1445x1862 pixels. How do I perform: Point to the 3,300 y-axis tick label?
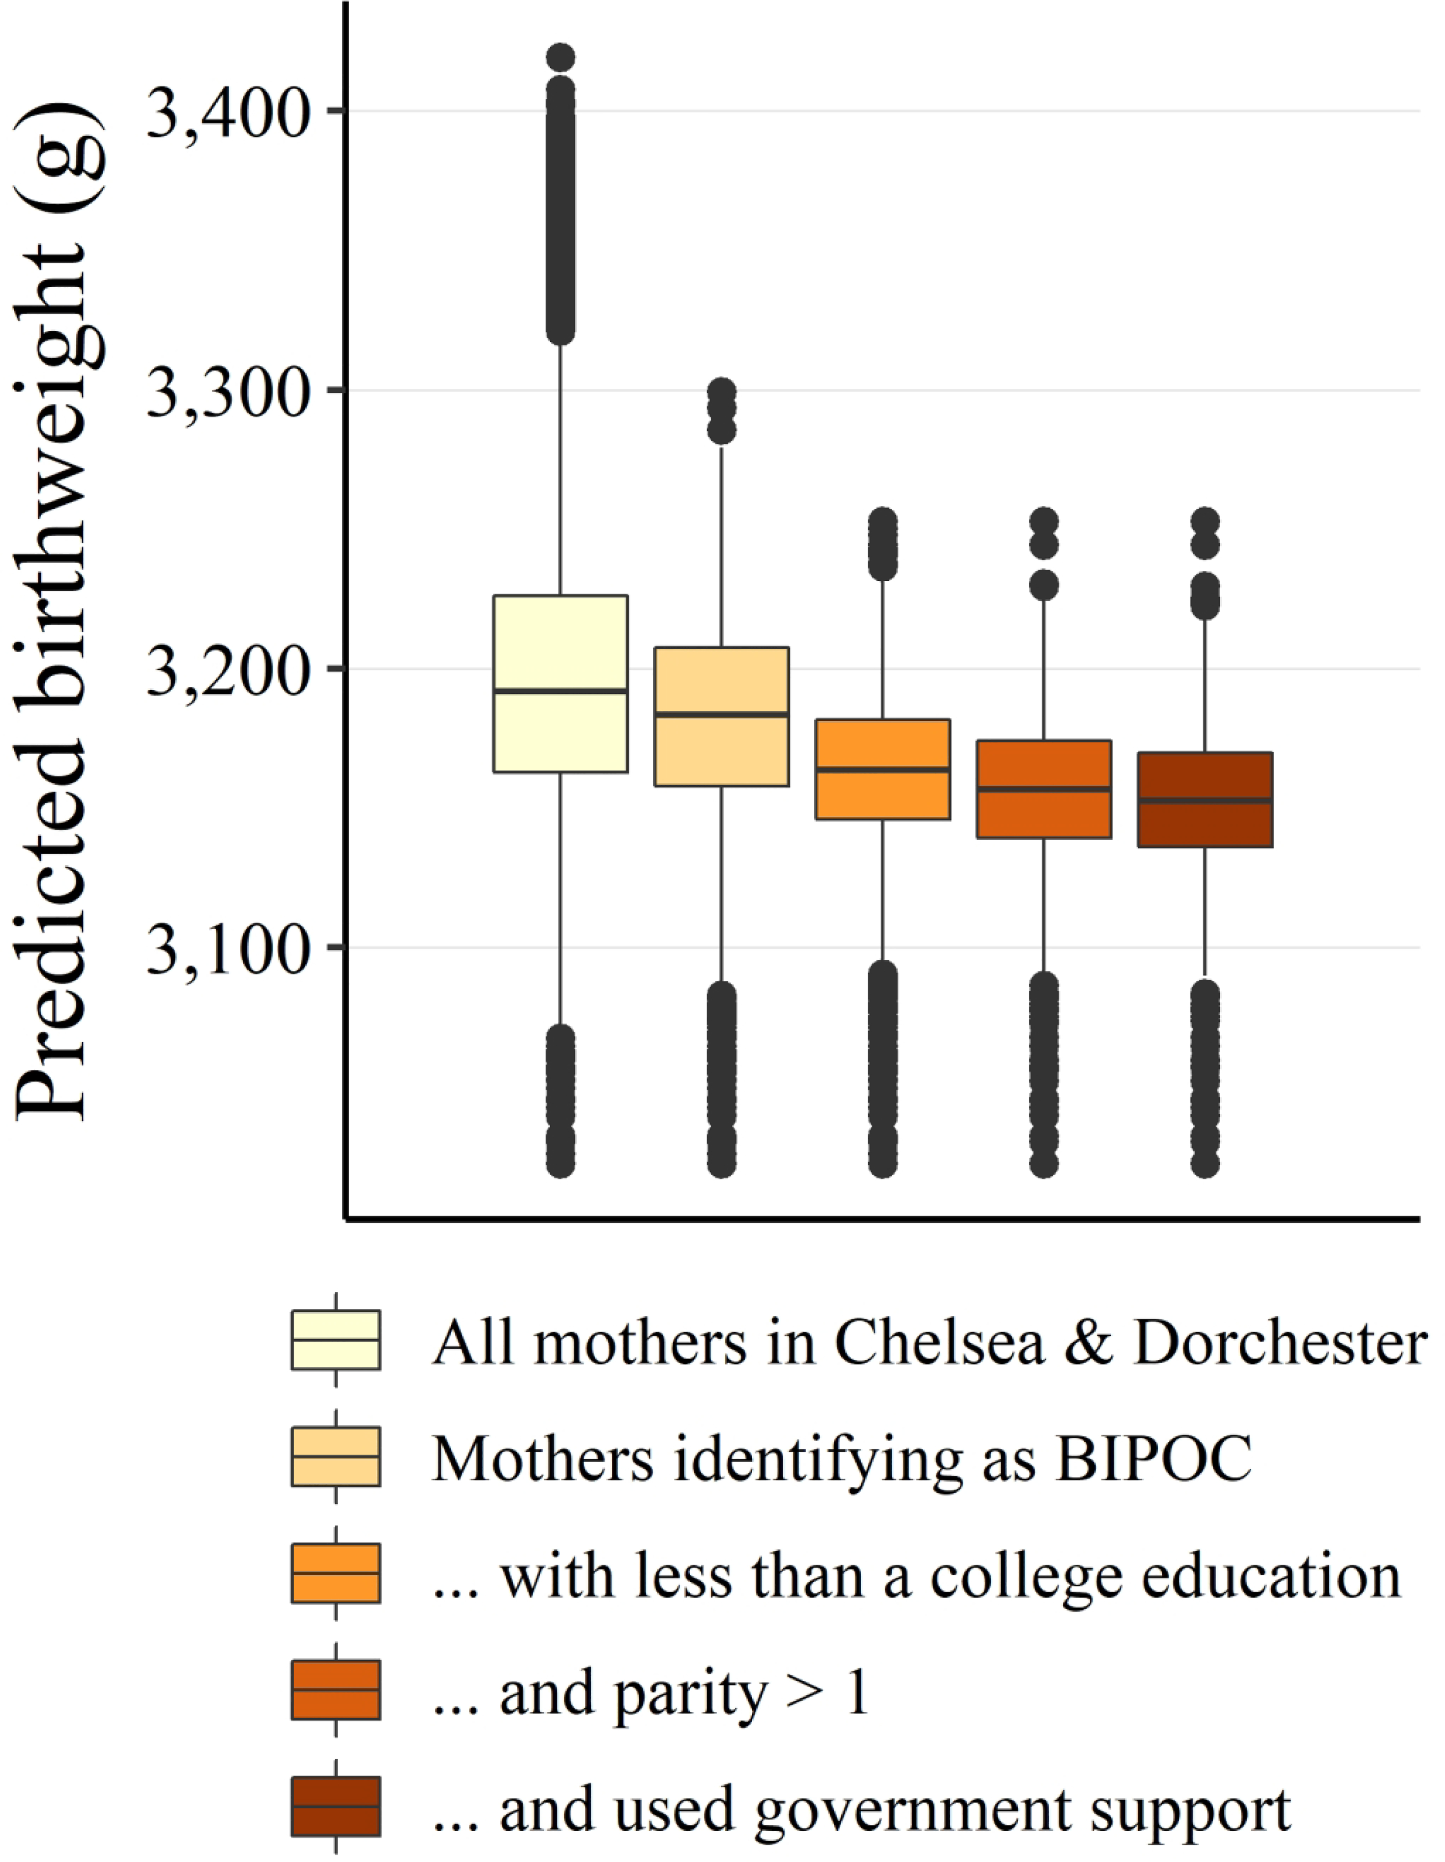point(226,392)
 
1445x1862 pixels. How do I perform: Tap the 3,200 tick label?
point(226,671)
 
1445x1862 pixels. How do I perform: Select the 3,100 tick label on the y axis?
point(226,949)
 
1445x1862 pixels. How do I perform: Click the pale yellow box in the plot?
point(560,648)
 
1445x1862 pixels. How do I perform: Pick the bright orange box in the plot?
point(883,793)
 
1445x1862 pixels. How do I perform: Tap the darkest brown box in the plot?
point(1206,823)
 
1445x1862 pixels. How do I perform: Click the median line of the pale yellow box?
point(560,691)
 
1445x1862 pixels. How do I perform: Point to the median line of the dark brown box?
point(1206,801)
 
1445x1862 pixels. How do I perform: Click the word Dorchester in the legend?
point(1279,1343)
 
